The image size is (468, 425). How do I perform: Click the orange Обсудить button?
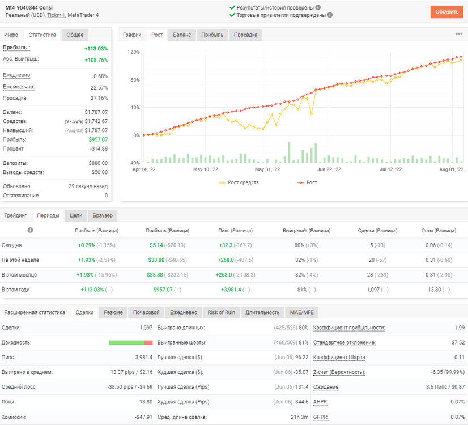point(446,12)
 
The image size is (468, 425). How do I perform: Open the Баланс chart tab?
point(182,35)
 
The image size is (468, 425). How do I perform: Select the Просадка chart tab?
point(245,35)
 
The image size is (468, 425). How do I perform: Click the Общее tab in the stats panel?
point(75,35)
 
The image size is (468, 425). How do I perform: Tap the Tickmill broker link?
point(56,15)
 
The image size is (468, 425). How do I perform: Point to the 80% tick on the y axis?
point(135,80)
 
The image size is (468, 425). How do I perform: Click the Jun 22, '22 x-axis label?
point(329,169)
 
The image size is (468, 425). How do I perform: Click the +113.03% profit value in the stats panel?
point(96,49)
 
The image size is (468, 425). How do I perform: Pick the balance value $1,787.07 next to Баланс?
point(96,112)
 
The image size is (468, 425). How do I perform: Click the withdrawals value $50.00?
point(100,172)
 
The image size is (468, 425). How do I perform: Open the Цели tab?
point(76,215)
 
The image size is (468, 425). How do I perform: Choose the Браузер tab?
point(103,215)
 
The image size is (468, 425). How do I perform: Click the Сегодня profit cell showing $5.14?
point(156,245)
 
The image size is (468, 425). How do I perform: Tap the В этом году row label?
point(15,290)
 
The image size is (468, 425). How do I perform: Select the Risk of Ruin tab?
point(222,312)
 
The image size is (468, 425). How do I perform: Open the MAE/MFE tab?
point(302,312)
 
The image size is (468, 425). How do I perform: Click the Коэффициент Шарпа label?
point(339,358)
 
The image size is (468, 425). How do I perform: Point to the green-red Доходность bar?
point(131,343)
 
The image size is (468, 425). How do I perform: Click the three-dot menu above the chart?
point(459,34)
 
